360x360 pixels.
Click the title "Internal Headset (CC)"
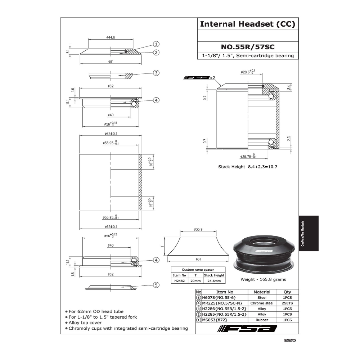coord(248,24)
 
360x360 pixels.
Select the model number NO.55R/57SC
coord(248,46)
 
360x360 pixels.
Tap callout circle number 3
coord(156,73)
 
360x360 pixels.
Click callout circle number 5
coord(156,285)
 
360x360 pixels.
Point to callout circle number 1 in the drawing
coord(156,44)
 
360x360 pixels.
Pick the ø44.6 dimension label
coord(111,37)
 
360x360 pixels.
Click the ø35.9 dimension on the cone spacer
coord(199,229)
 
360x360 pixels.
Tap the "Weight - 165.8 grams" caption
coord(263,279)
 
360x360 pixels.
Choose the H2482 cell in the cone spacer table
coord(179,281)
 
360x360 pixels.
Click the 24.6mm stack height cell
coord(214,281)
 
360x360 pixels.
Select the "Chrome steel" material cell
coord(262,303)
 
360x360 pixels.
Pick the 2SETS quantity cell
coord(287,303)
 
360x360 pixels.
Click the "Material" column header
coord(262,292)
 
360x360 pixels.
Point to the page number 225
coord(290,340)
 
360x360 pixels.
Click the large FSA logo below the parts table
coord(248,329)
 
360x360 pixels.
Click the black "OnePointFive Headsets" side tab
coord(309,233)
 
